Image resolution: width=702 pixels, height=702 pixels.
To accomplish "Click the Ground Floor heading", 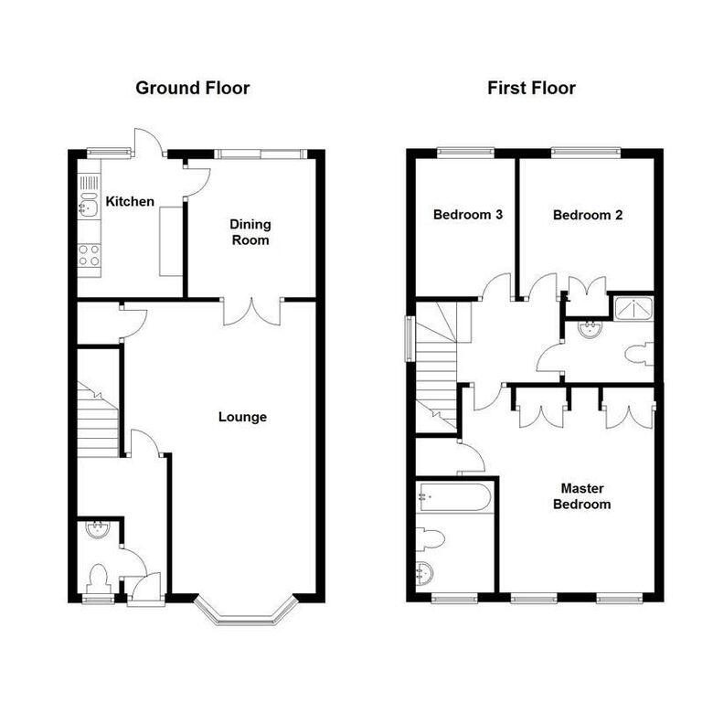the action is point(193,88).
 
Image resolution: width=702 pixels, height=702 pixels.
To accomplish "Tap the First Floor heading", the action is point(531,88).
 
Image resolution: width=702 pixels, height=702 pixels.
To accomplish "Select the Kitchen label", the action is point(130,201).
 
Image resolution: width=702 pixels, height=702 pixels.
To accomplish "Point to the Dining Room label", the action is point(250,232).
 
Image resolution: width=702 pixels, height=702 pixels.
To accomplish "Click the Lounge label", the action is point(242,417).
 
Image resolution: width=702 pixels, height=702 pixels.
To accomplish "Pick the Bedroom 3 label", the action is point(468,215).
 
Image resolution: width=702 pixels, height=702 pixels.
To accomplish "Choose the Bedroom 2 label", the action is point(588,215).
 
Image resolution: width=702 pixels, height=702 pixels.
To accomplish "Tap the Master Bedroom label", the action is point(582,496).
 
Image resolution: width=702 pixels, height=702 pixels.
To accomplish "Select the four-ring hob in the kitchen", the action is point(89,255).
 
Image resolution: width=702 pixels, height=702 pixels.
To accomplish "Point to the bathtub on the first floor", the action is point(454,496).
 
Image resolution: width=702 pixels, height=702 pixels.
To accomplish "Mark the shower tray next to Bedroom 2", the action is point(634,307).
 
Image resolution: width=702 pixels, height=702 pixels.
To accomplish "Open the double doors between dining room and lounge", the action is point(252,311).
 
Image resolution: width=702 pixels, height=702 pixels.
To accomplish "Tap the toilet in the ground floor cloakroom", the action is point(100,578).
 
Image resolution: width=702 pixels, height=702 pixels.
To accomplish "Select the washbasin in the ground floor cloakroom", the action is point(98,529).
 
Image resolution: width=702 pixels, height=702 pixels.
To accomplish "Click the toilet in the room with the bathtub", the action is point(430,538).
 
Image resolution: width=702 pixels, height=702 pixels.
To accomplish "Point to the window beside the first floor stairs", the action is point(409,339).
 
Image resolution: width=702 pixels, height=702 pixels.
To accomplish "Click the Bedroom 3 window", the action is point(466,153).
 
